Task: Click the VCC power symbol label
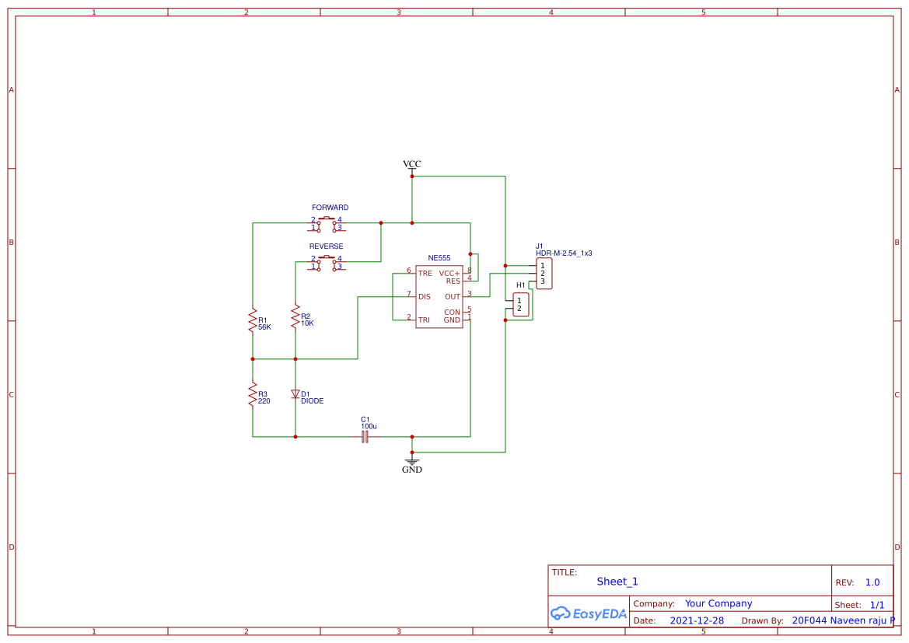coord(411,164)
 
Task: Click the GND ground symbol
coord(412,462)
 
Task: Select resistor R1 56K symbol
coord(253,320)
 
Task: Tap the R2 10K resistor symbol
coord(295,316)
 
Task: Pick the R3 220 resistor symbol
coord(253,394)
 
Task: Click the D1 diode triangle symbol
coord(295,394)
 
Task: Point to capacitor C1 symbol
coord(365,437)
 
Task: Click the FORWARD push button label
coord(330,208)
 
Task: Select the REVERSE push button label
coord(326,246)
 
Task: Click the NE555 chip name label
coord(439,257)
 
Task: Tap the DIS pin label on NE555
coord(425,297)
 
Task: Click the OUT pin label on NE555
coord(452,297)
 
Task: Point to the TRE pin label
coord(425,274)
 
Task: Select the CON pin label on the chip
coord(452,313)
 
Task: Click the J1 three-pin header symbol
coord(544,274)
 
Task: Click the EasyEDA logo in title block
coord(589,613)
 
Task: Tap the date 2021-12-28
coord(697,621)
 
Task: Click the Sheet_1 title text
coord(617,582)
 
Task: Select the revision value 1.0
coord(872,582)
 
